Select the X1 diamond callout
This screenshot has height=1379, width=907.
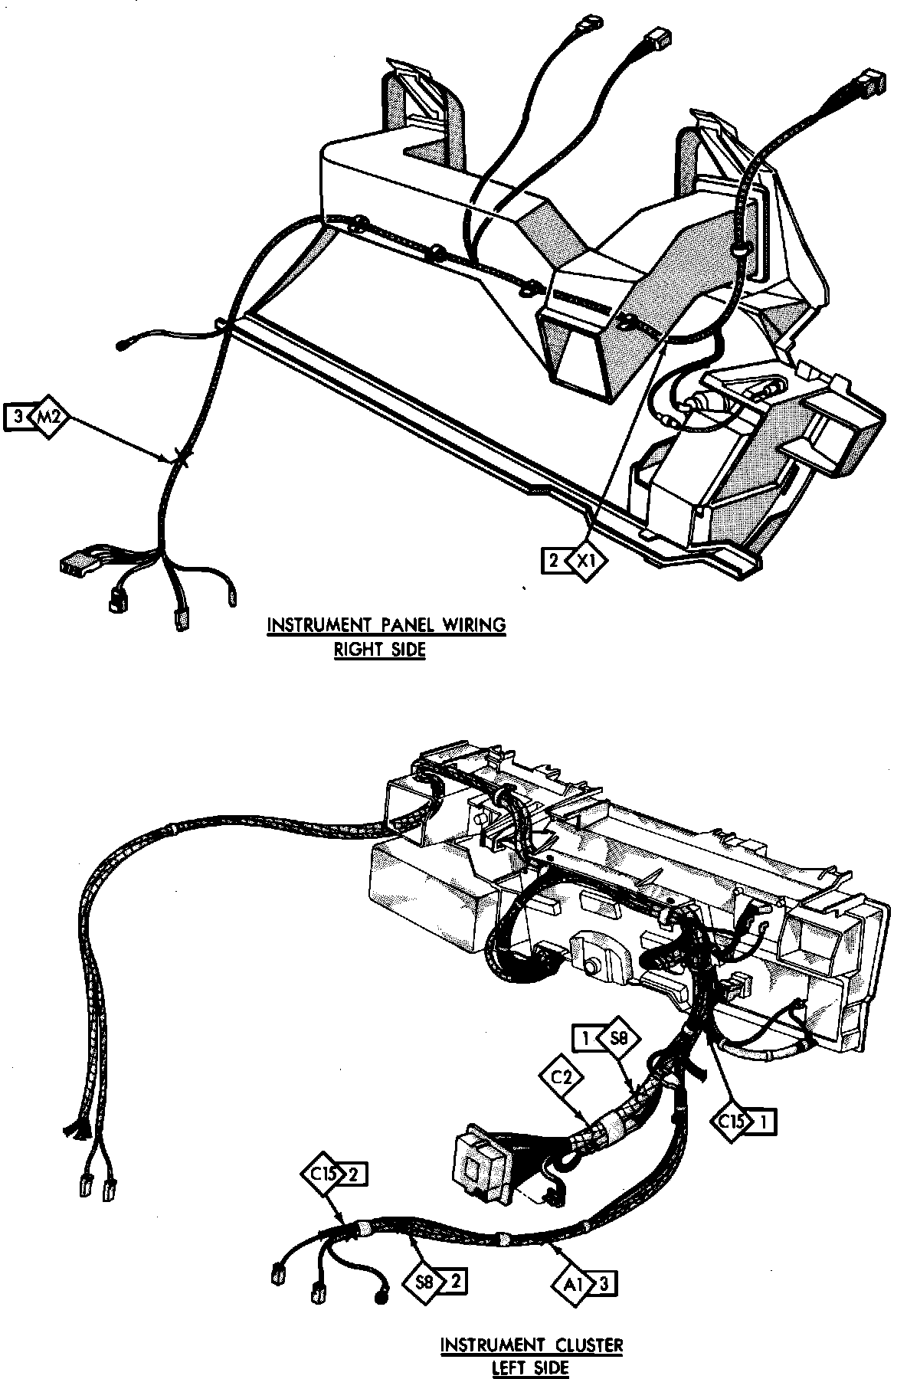pyautogui.click(x=586, y=561)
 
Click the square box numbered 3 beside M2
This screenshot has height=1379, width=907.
pyautogui.click(x=17, y=417)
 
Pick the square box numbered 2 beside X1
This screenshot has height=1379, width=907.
pyautogui.click(x=552, y=561)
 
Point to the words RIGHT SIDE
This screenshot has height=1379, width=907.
pyautogui.click(x=378, y=649)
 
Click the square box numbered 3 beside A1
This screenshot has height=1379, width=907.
pyautogui.click(x=604, y=1281)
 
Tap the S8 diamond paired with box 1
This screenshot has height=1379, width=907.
pyautogui.click(x=617, y=1040)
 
